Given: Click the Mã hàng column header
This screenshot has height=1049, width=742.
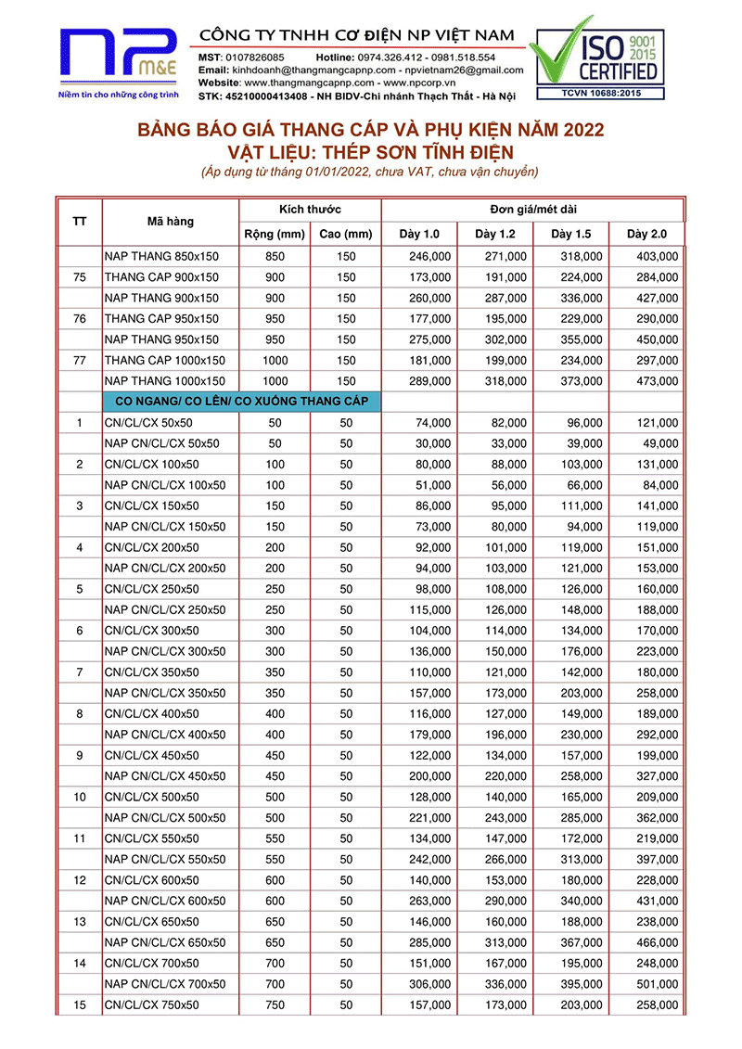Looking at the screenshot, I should pyautogui.click(x=171, y=222).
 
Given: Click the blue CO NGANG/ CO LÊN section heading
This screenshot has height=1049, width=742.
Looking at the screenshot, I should pyautogui.click(x=240, y=401).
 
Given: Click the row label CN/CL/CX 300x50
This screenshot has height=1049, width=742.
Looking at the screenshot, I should pyautogui.click(x=151, y=630).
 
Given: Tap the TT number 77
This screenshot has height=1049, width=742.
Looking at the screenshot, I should pyautogui.click(x=80, y=360).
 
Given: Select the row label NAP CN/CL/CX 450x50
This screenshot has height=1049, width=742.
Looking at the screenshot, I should pyautogui.click(x=165, y=775).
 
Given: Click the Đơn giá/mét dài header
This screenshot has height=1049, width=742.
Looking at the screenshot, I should pyautogui.click(x=532, y=209).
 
